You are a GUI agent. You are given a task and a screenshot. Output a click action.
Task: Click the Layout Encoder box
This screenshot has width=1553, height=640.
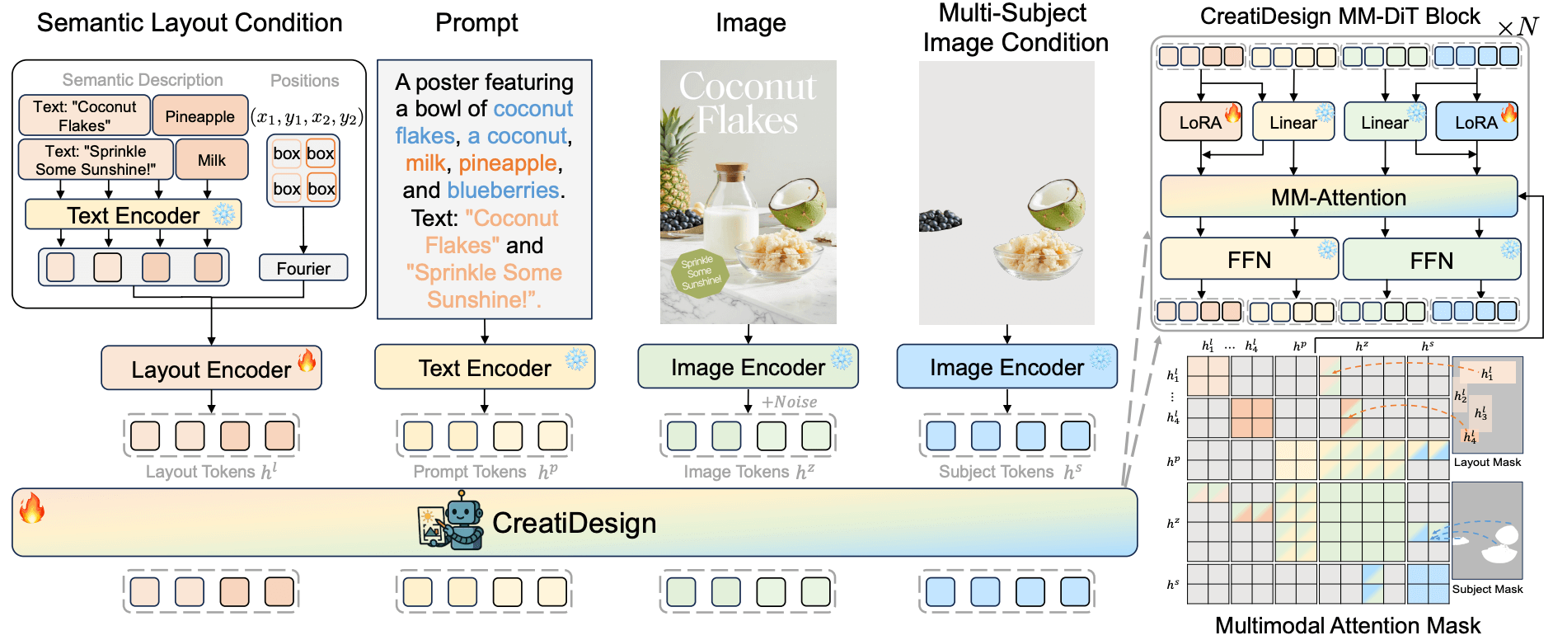click(x=211, y=368)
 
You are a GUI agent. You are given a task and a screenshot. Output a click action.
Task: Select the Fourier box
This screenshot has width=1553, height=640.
click(x=303, y=268)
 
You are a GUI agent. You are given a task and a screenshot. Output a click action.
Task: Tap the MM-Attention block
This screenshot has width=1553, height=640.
click(x=1339, y=197)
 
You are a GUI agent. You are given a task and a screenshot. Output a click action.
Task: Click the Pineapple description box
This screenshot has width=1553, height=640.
click(x=199, y=115)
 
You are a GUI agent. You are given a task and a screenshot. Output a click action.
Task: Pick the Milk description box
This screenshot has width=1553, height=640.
click(x=211, y=159)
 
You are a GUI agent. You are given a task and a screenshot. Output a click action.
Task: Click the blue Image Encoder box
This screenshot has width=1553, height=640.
click(x=1006, y=367)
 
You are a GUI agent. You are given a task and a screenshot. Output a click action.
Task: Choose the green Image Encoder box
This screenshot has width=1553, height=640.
click(x=748, y=367)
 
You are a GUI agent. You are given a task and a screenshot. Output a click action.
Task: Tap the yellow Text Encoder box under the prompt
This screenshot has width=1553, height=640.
click(x=485, y=367)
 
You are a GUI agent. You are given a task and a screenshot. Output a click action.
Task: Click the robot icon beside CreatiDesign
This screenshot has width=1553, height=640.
click(x=450, y=520)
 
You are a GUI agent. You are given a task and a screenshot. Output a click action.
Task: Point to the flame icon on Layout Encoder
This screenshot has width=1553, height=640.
click(x=307, y=360)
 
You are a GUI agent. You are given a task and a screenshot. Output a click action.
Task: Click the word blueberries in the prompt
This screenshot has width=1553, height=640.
click(x=503, y=191)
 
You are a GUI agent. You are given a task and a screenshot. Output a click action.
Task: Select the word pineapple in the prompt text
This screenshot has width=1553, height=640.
click(x=508, y=163)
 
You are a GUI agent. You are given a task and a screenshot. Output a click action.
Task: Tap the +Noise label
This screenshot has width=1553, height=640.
click(x=789, y=402)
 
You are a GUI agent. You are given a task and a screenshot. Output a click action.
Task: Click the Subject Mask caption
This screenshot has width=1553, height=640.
click(x=1487, y=589)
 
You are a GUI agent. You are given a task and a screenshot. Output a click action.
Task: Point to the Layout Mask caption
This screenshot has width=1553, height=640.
click(x=1487, y=462)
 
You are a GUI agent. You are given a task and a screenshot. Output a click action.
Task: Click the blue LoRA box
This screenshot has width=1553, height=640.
click(x=1476, y=122)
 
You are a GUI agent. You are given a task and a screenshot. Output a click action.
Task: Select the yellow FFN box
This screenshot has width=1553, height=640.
click(x=1249, y=260)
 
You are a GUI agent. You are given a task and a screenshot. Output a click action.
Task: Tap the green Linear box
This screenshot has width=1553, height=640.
click(x=1385, y=122)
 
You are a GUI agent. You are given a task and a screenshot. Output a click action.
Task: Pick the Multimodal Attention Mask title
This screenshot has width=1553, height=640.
click(x=1348, y=625)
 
